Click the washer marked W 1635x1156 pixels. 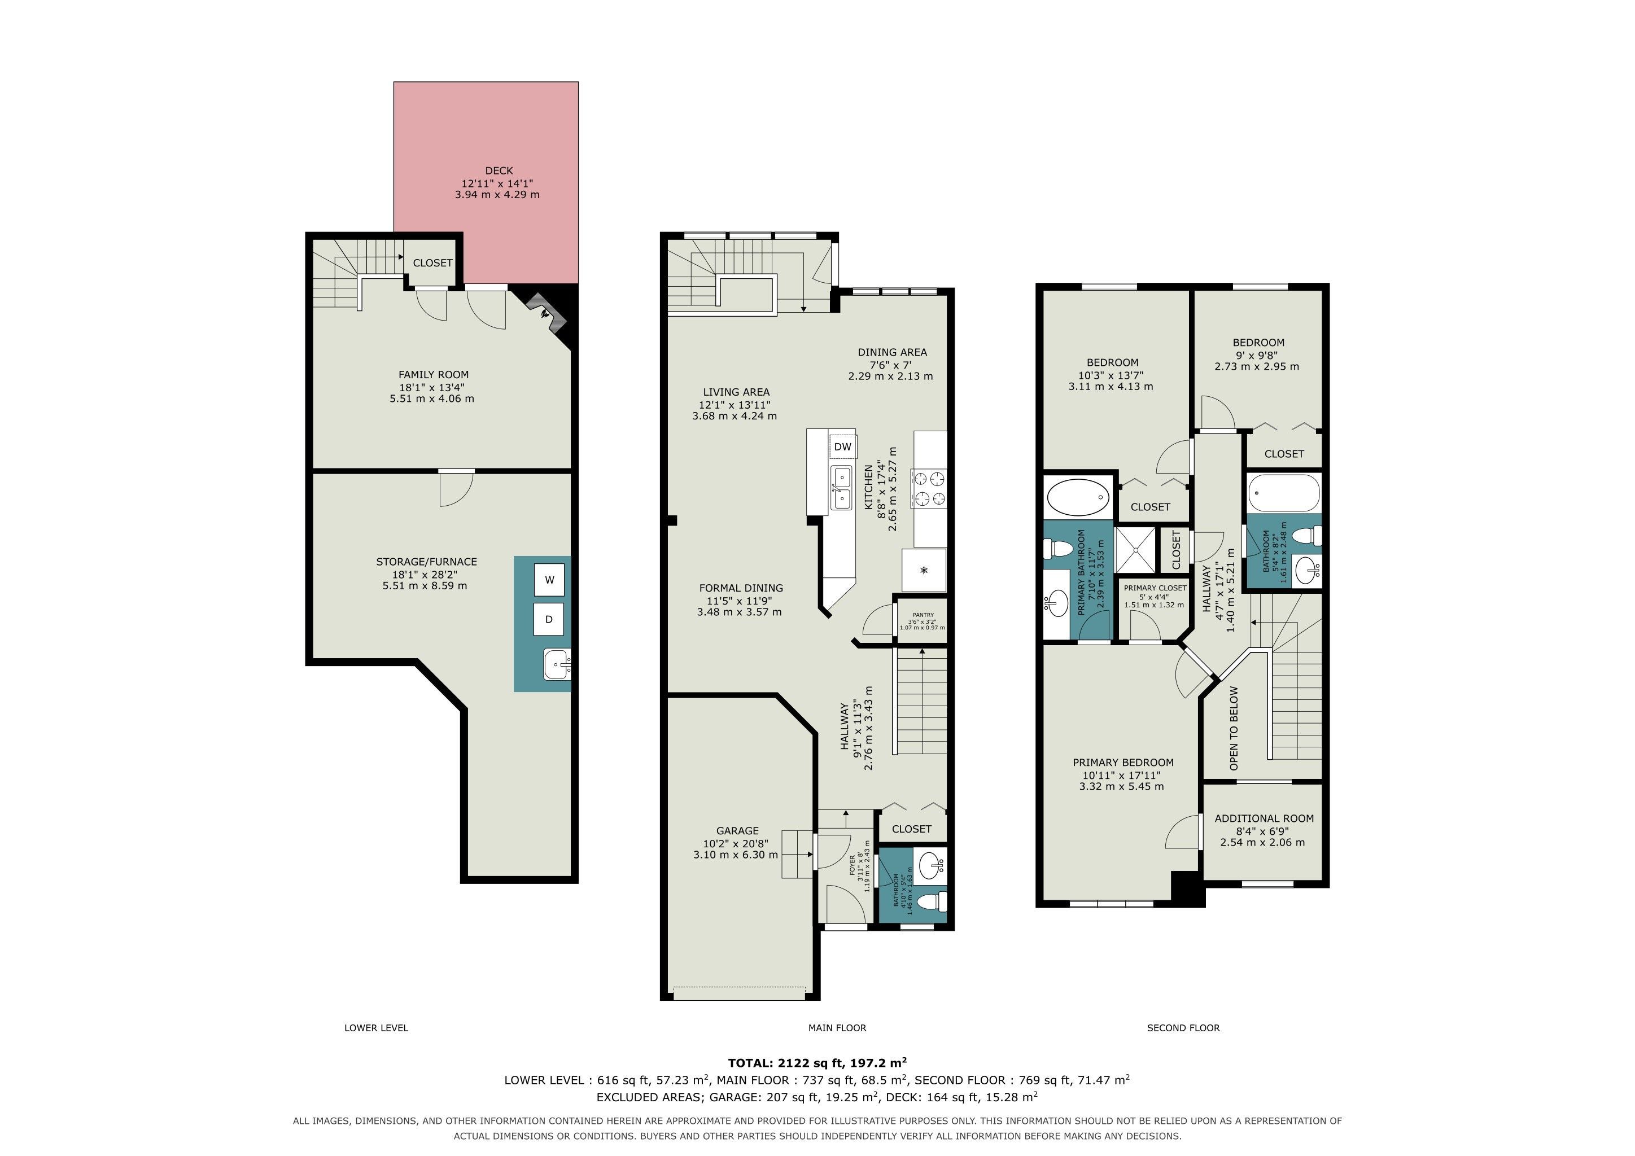coord(549,580)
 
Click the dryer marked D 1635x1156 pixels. coord(549,619)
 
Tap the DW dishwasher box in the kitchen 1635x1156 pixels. coord(842,447)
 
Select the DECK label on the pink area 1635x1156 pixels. coord(499,171)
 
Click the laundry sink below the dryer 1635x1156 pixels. coord(557,664)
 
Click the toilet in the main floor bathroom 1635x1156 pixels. coord(932,903)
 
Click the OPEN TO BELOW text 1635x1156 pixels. coord(1234,728)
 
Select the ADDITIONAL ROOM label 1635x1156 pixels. coord(1264,818)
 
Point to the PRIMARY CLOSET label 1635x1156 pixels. coord(1155,588)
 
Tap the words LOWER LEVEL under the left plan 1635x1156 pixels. coord(376,1028)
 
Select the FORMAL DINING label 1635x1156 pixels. coord(741,588)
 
